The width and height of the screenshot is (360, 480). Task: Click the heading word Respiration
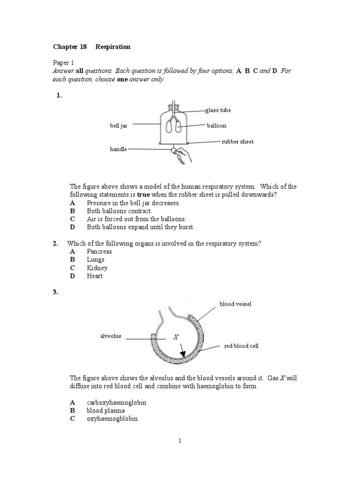113,47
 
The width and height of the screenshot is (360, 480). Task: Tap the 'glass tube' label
218,110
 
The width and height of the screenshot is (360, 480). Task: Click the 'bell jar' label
119,126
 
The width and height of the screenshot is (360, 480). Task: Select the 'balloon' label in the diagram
217,126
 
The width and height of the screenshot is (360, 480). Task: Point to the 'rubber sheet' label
238,142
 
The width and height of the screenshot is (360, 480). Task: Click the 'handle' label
118,149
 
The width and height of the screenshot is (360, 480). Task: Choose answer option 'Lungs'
96,260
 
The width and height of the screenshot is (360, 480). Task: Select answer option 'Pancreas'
99,252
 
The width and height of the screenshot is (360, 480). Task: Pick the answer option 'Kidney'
97,268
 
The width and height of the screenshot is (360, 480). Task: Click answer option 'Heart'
95,276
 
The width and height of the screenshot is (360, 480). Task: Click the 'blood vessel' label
235,304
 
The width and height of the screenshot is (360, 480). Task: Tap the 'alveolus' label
111,336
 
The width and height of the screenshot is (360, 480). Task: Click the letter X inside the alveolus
176,337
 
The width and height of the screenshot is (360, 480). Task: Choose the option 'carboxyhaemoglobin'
113,403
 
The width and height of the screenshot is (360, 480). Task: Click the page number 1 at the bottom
180,441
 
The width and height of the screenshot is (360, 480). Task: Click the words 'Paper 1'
63,62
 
